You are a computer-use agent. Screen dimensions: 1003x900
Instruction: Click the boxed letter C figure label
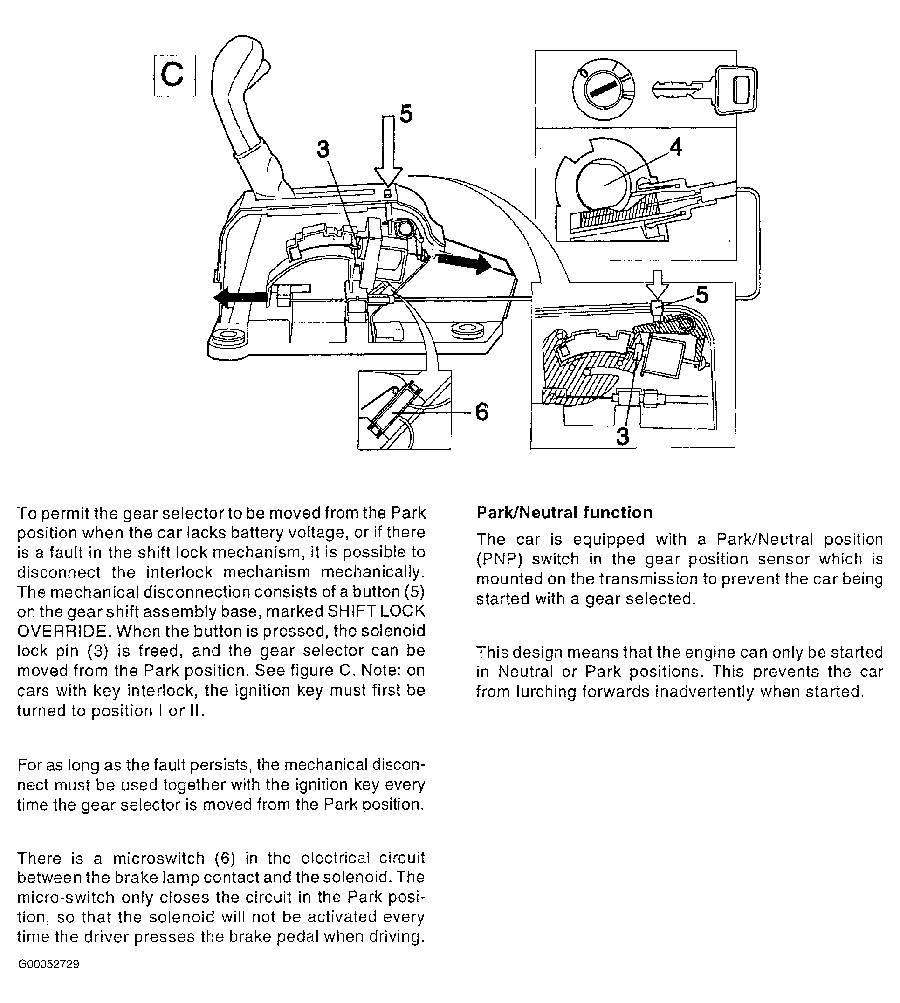point(174,76)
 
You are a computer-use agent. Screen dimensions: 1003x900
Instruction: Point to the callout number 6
point(481,412)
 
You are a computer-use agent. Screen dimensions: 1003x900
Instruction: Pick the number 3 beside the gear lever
point(323,149)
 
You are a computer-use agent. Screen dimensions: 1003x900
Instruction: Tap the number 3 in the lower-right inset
point(623,436)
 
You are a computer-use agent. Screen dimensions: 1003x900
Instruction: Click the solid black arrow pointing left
point(240,298)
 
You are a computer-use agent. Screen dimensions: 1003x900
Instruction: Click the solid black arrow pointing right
point(465,264)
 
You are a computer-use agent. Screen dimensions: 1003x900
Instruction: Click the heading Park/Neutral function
point(564,513)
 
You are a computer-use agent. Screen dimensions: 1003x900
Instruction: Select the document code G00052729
point(48,964)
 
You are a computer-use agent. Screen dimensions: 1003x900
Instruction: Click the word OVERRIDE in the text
point(62,632)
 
